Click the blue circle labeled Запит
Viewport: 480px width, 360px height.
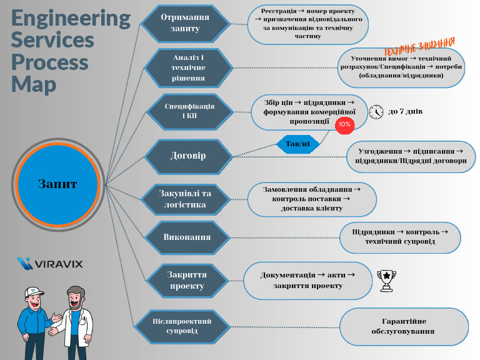point(57,184)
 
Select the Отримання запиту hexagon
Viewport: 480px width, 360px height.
point(185,23)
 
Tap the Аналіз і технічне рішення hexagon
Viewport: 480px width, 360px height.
point(188,67)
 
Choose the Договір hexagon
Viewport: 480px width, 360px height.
point(188,156)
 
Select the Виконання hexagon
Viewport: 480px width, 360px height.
point(187,237)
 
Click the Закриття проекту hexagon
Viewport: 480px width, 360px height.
point(187,280)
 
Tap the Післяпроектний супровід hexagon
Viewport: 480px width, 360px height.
point(182,326)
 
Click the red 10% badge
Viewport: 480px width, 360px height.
point(344,125)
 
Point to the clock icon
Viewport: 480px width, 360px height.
point(376,111)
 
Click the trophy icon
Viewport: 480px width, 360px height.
point(387,280)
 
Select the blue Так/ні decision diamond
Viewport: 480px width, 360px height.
point(297,144)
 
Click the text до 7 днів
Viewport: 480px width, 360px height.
point(406,111)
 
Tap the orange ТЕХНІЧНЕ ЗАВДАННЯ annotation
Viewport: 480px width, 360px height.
point(418,46)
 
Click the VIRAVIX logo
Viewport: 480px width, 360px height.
point(50,263)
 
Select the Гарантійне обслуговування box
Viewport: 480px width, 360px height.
point(403,326)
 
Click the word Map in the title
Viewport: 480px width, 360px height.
point(34,84)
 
